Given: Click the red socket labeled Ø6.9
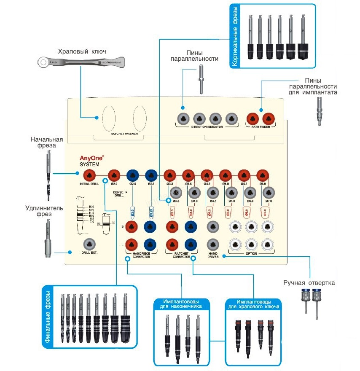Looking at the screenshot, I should (x=263, y=175).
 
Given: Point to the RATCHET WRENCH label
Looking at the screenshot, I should (x=124, y=134).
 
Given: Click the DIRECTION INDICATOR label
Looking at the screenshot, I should (x=207, y=126).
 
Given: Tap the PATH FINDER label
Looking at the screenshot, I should (x=261, y=126).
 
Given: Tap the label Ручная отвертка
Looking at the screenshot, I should (x=309, y=282).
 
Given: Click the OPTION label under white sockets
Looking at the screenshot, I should (x=251, y=253).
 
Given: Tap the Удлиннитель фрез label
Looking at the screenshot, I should (x=44, y=211).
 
